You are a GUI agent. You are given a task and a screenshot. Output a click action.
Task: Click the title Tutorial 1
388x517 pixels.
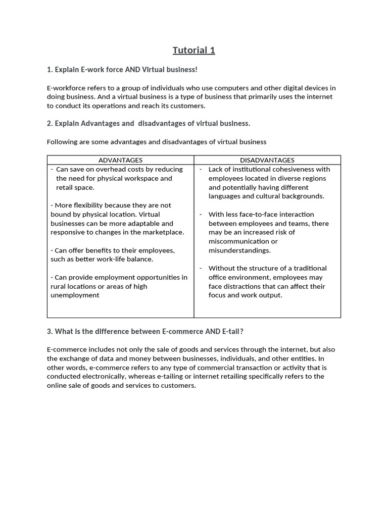click(x=193, y=50)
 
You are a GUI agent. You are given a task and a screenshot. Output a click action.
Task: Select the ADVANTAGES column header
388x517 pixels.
click(x=120, y=160)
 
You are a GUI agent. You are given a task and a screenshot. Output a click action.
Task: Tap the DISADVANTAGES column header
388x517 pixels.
click(x=267, y=160)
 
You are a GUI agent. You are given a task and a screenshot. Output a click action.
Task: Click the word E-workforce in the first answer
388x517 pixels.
click(x=66, y=88)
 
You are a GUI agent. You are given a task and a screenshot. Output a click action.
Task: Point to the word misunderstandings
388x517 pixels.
click(x=239, y=250)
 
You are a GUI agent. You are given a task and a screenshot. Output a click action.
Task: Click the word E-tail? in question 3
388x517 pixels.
click(x=232, y=331)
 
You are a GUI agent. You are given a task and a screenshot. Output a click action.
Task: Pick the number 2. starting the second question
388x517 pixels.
click(x=50, y=123)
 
